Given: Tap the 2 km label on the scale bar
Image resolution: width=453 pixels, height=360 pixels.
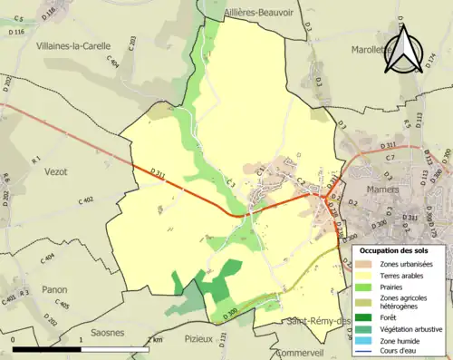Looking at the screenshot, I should [x=156, y=339].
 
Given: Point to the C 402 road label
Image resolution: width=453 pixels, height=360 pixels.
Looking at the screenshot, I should [x=86, y=200].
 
